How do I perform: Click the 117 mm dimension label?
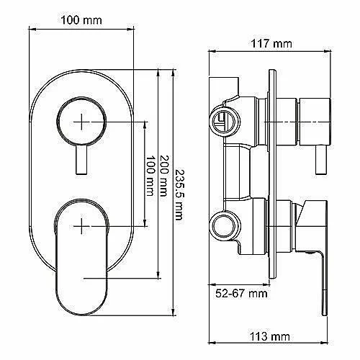(271, 44)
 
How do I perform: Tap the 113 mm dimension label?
(270, 336)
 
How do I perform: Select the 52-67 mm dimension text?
(241, 293)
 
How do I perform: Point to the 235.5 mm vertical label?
(179, 195)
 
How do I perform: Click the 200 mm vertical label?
(164, 176)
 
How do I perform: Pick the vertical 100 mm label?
(150, 176)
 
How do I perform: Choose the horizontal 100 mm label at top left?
(81, 20)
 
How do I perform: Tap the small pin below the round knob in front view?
(81, 160)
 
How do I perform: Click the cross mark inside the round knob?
(81, 122)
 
